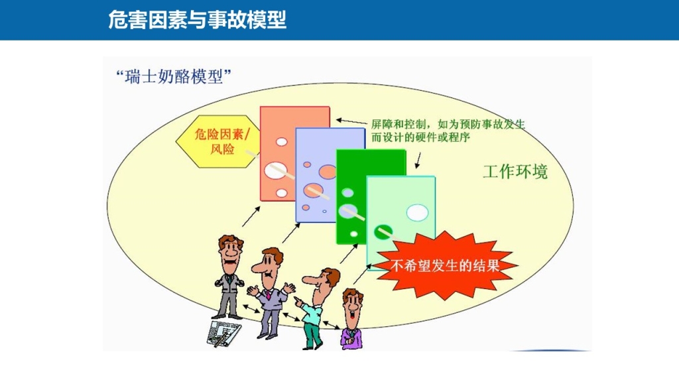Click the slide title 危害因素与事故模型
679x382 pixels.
[198, 20]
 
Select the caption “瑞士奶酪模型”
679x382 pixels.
[174, 77]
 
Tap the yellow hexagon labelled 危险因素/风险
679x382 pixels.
[217, 141]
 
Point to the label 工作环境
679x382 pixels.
[515, 172]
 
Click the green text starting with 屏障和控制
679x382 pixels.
[448, 131]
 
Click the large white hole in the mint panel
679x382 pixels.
[417, 213]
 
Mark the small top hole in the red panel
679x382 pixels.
[281, 142]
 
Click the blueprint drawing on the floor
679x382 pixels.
[224, 334]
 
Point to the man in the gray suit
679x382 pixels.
[229, 277]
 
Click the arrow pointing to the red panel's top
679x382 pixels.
[351, 122]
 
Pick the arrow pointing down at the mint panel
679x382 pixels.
[418, 160]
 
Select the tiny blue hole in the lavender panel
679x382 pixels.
[324, 212]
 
